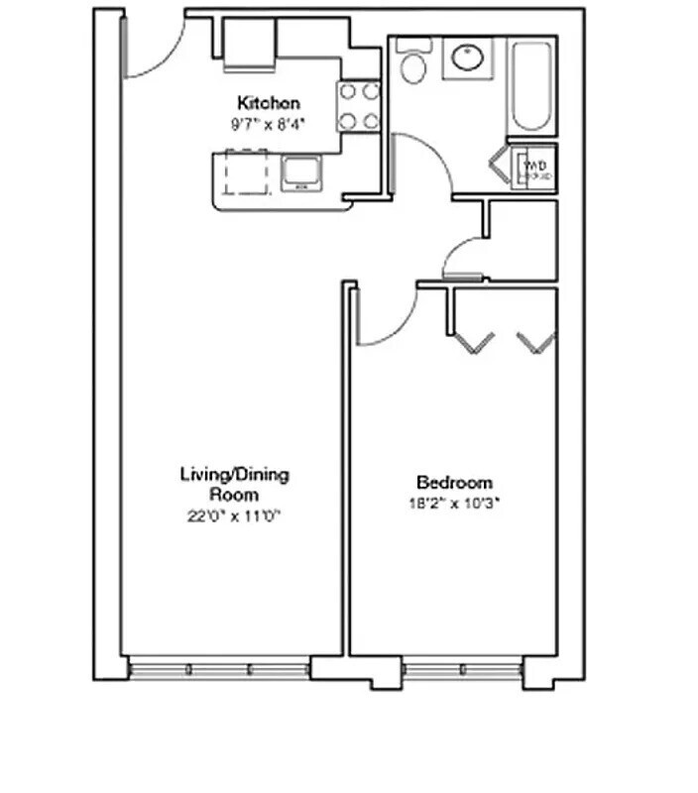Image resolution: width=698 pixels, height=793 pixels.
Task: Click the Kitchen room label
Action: point(268,102)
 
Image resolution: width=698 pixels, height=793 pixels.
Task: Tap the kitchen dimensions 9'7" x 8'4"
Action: point(268,125)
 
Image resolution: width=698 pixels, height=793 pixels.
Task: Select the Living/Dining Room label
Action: point(234,484)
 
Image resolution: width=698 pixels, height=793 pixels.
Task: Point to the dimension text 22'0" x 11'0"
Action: point(235,515)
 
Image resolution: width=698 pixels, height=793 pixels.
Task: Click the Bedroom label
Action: point(454,483)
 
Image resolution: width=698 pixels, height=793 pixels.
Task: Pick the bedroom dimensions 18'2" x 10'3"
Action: point(454,503)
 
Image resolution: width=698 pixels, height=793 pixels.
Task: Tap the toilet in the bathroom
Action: point(411,62)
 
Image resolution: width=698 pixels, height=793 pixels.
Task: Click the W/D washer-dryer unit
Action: point(533,168)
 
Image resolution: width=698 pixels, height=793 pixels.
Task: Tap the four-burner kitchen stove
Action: point(359,106)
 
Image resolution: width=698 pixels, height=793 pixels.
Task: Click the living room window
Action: point(219,670)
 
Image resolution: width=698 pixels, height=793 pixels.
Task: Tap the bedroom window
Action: point(462,670)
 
